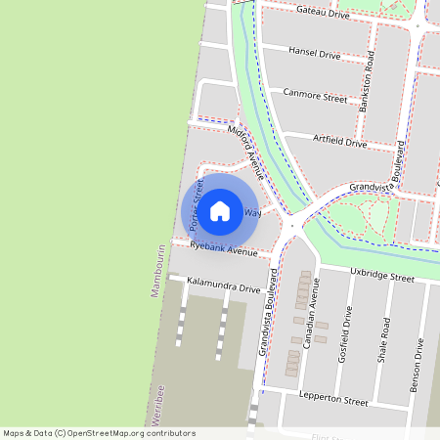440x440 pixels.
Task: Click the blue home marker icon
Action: click(220, 210)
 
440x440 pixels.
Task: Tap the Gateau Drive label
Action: click(322, 13)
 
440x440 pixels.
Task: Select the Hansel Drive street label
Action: click(314, 55)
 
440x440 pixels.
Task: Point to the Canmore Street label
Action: click(315, 97)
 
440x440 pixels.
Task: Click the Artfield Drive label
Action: click(339, 143)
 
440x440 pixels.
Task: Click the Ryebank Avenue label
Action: click(224, 250)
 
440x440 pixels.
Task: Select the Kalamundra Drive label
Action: click(223, 288)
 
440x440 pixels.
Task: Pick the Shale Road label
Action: click(385, 339)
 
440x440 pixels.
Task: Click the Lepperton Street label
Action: click(334, 401)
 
